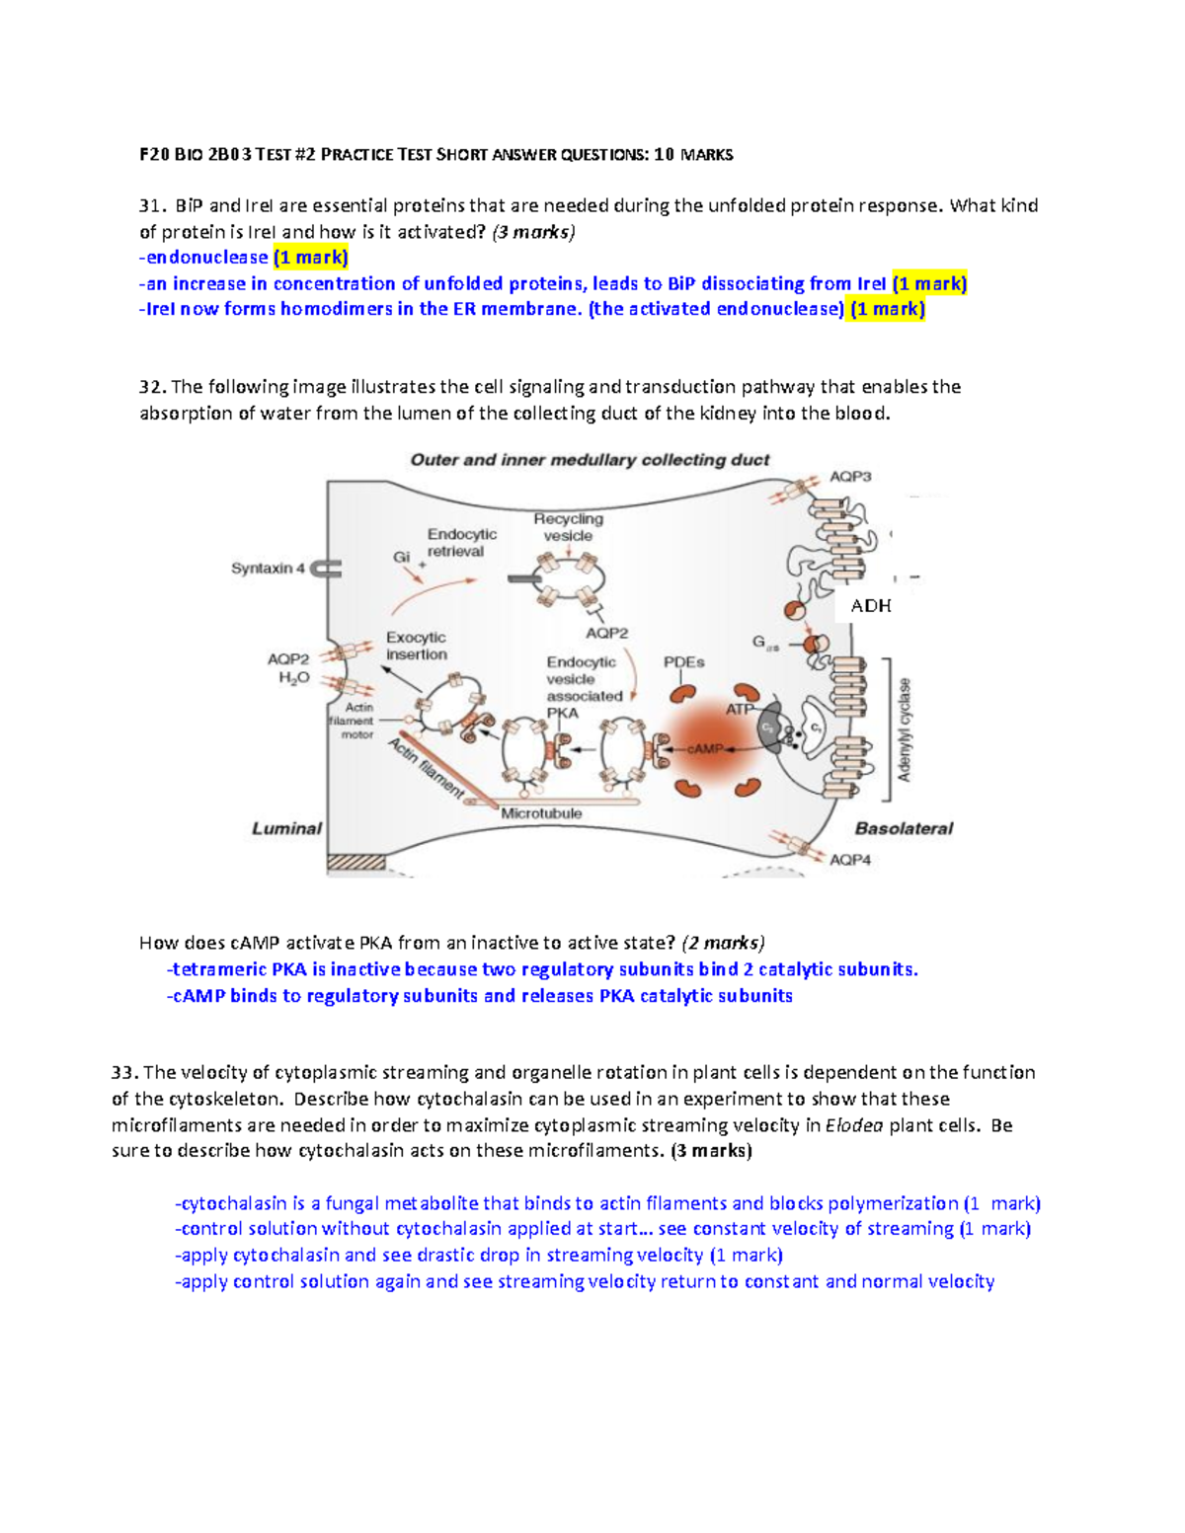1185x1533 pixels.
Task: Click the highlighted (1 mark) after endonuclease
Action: pyautogui.click(x=311, y=258)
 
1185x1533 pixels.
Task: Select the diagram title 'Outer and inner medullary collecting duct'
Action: pyautogui.click(x=590, y=460)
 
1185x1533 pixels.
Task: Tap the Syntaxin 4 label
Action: pyautogui.click(x=268, y=569)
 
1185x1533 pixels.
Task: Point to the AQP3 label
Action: pyautogui.click(x=850, y=477)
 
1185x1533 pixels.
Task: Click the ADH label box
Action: pyautogui.click(x=870, y=606)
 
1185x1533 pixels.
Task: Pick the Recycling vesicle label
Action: pyautogui.click(x=568, y=527)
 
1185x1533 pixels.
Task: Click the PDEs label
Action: pyautogui.click(x=683, y=662)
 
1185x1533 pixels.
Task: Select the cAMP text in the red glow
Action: pyautogui.click(x=705, y=749)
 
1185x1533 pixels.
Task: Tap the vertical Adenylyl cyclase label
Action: pyautogui.click(x=905, y=729)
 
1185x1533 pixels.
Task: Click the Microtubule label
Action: pyautogui.click(x=541, y=813)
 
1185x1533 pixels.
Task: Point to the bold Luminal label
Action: pyautogui.click(x=286, y=829)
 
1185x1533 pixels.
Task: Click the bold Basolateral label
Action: pyautogui.click(x=904, y=829)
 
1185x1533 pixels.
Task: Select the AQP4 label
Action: pyautogui.click(x=850, y=860)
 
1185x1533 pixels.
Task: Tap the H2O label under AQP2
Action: pyautogui.click(x=293, y=678)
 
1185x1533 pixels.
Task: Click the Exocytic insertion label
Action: pyautogui.click(x=416, y=646)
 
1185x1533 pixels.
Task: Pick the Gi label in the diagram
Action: pyautogui.click(x=401, y=557)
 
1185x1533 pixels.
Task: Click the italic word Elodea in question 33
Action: pyautogui.click(x=854, y=1125)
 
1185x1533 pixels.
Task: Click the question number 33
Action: pyautogui.click(x=124, y=1073)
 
